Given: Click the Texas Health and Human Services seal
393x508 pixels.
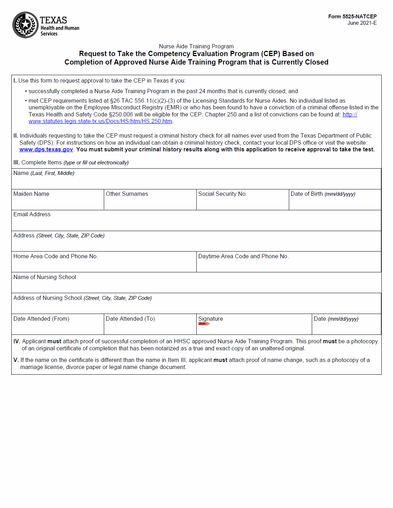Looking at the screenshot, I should (25, 25).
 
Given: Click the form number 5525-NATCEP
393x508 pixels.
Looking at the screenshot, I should (352, 17).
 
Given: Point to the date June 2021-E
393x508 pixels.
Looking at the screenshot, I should (362, 23).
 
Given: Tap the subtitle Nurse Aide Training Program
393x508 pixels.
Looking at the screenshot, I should (196, 46).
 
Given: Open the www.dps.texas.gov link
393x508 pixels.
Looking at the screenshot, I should (46, 150).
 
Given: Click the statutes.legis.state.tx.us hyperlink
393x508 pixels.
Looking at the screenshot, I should (100, 121).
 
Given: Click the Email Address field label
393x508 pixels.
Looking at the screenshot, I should (32, 214).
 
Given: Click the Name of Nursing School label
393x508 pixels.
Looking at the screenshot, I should (45, 277).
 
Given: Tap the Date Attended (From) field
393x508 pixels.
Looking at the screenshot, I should (58, 327).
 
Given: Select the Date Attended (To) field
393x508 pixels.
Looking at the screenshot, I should (150, 327).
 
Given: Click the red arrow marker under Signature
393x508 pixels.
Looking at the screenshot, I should (204, 323).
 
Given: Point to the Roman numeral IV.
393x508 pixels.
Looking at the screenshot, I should (17, 341).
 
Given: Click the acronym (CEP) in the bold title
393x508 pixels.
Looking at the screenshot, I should (270, 54).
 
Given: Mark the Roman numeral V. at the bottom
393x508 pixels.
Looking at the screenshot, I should (16, 360).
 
